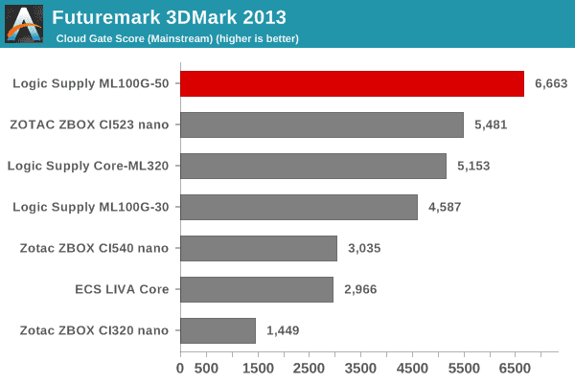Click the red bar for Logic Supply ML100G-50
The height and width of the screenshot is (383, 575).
pos(352,83)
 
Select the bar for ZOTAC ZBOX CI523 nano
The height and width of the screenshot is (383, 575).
pos(322,124)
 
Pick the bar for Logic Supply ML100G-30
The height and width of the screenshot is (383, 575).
pos(299,207)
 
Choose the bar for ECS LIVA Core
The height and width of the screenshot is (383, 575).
pos(257,289)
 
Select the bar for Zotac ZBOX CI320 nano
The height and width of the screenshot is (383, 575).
pos(218,330)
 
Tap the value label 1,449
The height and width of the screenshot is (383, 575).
pos(283,330)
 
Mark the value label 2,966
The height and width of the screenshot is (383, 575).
pos(360,289)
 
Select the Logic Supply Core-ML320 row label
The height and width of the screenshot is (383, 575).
pos(88,166)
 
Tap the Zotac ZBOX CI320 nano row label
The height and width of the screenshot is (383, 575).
pos(94,330)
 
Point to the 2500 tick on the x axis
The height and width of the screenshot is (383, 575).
pos(309,367)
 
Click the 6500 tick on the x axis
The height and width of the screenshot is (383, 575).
pos(515,367)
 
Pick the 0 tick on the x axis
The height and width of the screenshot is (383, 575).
pos(180,367)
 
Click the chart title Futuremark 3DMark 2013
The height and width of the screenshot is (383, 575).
pos(169,17)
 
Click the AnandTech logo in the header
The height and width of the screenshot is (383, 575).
pos(24,24)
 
